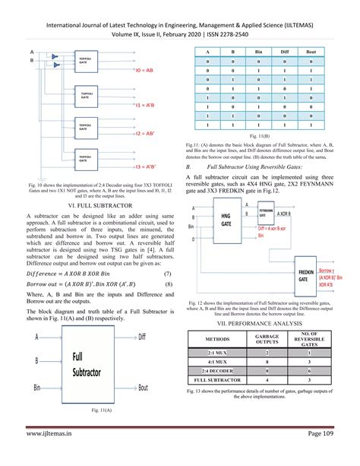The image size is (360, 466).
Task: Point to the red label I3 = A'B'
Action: click(x=146, y=166)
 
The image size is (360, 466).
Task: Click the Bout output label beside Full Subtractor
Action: click(x=143, y=388)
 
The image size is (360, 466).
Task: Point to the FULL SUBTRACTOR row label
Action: click(x=217, y=379)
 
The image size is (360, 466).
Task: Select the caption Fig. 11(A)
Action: click(x=97, y=411)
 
